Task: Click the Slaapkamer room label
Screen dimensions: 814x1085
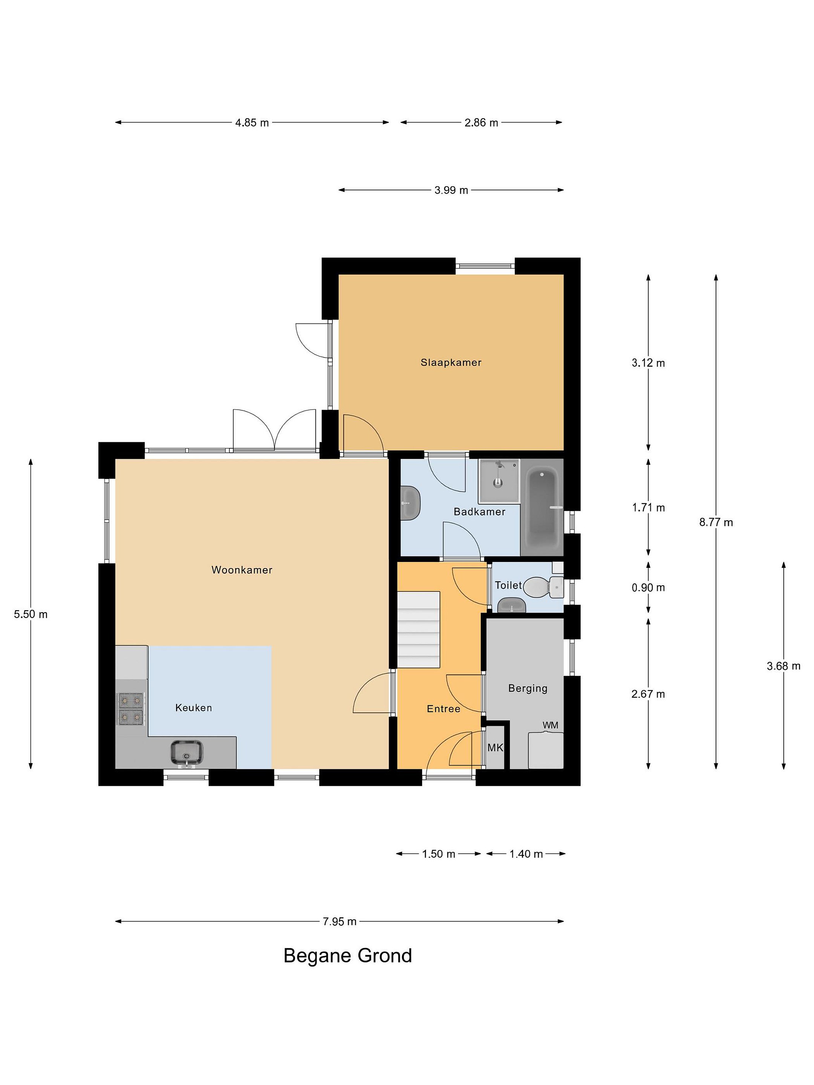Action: point(450,362)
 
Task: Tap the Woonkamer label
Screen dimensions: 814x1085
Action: point(242,570)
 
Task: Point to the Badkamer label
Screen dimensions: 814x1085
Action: point(479,512)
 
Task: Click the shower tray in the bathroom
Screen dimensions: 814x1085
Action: point(499,481)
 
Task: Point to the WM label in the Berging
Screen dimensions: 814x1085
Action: point(550,725)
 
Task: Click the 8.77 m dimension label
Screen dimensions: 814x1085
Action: point(716,523)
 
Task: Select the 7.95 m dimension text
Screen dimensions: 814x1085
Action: point(339,921)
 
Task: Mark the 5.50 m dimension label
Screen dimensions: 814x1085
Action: point(31,614)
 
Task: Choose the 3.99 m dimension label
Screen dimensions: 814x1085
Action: point(451,190)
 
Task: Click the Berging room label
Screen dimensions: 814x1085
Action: point(528,688)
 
